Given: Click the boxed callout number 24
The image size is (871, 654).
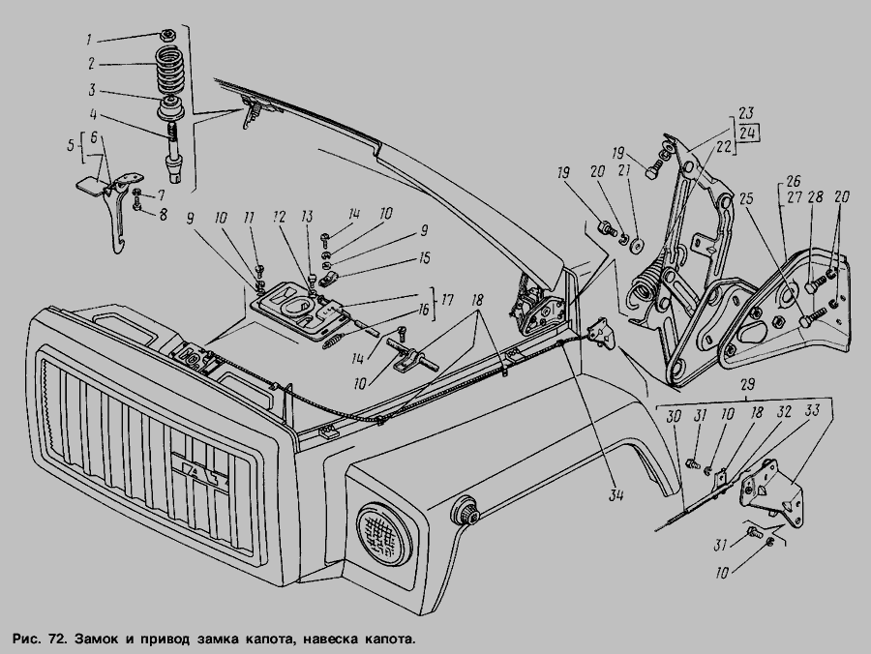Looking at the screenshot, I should click(x=749, y=133).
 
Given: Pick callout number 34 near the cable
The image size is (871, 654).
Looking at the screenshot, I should click(x=616, y=497).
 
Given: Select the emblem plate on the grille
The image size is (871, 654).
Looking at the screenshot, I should click(x=198, y=473).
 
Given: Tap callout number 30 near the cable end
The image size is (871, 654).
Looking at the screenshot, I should click(x=674, y=415).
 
